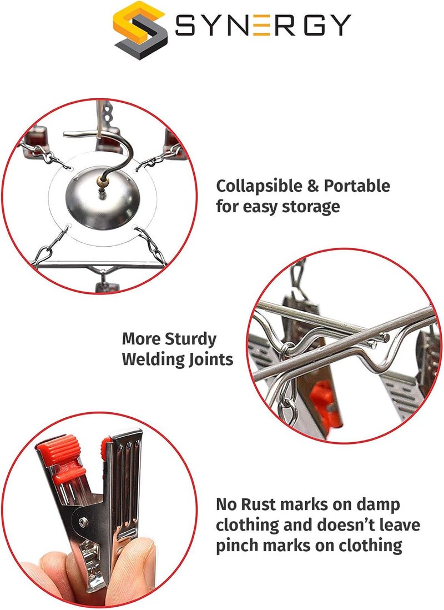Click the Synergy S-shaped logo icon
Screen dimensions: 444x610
[140, 29]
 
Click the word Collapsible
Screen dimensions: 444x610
[259, 186]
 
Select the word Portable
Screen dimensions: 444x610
[357, 186]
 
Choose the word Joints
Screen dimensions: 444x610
[211, 359]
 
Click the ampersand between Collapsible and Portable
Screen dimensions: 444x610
[313, 186]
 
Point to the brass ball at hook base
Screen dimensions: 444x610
[102, 181]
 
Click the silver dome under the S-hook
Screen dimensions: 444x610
[102, 198]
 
